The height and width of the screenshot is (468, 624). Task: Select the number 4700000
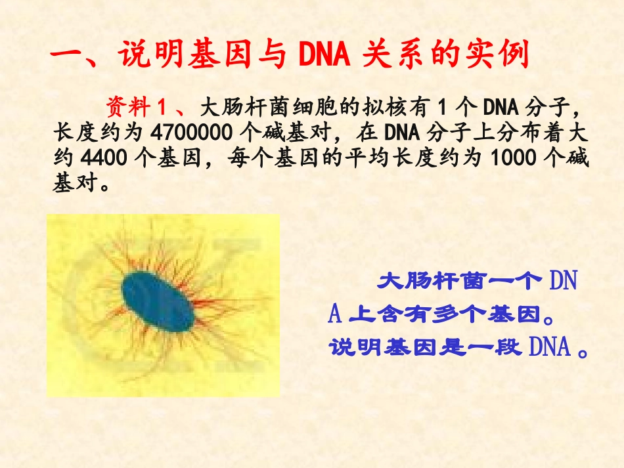click(x=191, y=133)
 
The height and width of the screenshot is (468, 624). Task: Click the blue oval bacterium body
click(x=158, y=303)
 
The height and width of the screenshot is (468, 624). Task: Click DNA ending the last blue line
click(x=549, y=347)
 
